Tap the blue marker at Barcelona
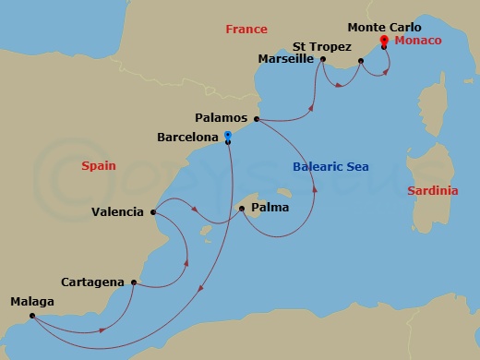point(227,136)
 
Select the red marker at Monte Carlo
point(384,42)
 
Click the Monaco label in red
point(416,42)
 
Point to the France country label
point(246,30)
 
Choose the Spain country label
point(98,167)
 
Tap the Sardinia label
point(431,190)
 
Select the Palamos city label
point(222,118)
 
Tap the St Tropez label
point(323,44)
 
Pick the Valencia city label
point(117,211)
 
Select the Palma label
point(270,208)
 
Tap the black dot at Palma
point(241,209)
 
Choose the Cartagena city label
point(93,282)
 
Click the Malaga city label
point(32,302)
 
